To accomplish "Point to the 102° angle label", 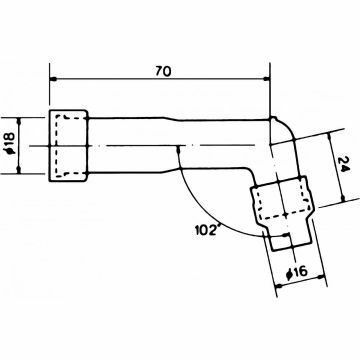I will point(203,230).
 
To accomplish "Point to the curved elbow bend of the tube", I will point(284,135).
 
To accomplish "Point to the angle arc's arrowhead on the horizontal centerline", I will point(179,150).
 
